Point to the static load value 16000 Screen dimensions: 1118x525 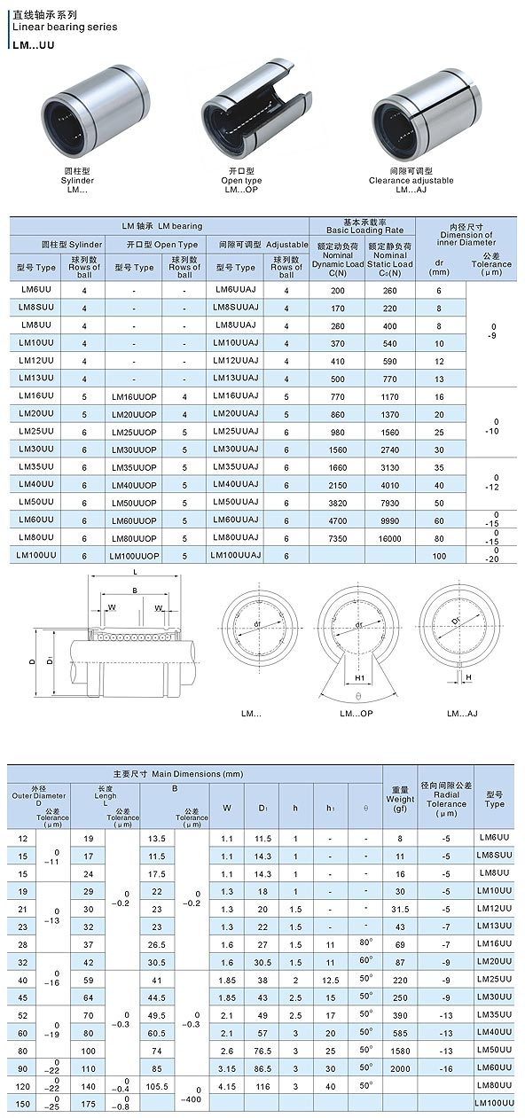[x=389, y=538]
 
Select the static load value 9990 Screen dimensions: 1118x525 [x=389, y=520]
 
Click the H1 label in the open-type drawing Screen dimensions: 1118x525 [x=360, y=678]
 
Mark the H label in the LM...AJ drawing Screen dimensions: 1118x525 [x=468, y=676]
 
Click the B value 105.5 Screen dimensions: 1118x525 [x=157, y=1085]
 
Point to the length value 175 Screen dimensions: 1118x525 [x=88, y=1103]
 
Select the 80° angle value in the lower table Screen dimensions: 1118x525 [x=364, y=942]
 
